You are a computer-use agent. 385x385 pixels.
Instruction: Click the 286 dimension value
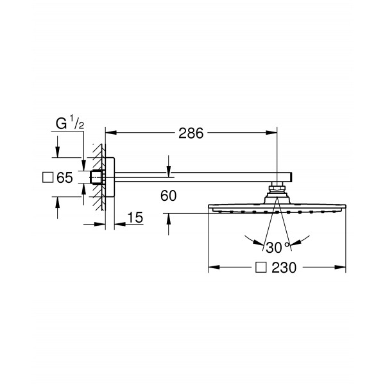tap(191, 133)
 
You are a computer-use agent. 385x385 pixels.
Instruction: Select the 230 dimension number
tap(284, 268)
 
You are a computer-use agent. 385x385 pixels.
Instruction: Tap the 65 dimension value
tap(65, 178)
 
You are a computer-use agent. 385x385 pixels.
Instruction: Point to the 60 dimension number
tap(168, 196)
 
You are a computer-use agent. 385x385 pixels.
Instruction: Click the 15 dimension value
tap(135, 218)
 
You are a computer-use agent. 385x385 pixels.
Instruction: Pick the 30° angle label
tap(277, 248)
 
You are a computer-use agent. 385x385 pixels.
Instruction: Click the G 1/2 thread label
tap(70, 123)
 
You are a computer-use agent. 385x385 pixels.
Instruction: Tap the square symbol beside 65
tap(48, 178)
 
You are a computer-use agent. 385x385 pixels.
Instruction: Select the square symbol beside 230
tap(261, 267)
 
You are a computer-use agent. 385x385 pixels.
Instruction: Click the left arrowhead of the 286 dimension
tap(111, 133)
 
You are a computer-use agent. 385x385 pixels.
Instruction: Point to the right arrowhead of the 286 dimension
tap(271, 133)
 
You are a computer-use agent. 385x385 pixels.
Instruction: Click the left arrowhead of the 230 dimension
tap(214, 267)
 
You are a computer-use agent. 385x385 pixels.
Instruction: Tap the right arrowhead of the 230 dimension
tap(340, 267)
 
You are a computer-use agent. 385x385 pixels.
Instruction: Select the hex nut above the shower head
tap(277, 188)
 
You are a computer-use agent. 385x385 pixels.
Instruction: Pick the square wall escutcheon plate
tap(110, 177)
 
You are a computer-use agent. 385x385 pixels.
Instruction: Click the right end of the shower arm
tap(292, 177)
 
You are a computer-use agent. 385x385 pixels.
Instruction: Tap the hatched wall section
tap(99, 177)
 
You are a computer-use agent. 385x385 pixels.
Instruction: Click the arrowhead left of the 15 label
tap(100, 224)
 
